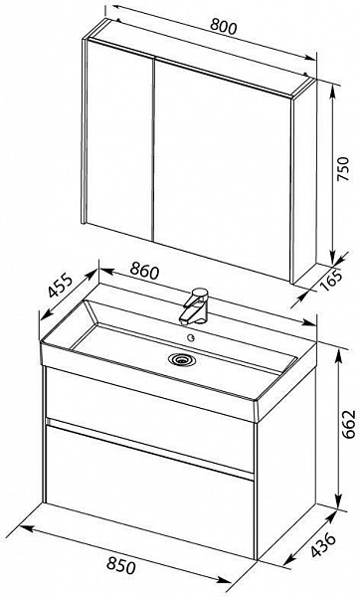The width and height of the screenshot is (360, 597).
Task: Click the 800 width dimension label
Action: (224, 27)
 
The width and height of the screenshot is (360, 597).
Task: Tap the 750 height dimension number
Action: (343, 169)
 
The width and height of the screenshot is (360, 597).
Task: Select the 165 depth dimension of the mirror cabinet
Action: (334, 281)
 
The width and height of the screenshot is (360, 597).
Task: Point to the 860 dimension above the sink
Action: (144, 271)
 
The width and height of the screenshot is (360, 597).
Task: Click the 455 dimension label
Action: (60, 286)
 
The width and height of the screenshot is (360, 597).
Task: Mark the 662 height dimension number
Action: (349, 424)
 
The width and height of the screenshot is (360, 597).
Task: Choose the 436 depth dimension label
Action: (323, 545)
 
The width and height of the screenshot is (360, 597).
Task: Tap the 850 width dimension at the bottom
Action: (121, 565)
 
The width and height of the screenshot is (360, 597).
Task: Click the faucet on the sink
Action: (194, 306)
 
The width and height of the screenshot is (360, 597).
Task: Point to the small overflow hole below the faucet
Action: (191, 337)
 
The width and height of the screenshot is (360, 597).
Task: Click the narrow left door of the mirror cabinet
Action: (120, 140)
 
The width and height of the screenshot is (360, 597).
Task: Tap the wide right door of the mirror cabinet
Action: (222, 170)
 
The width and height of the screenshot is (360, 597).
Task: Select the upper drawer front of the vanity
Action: (150, 419)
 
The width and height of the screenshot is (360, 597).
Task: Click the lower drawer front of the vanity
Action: (150, 492)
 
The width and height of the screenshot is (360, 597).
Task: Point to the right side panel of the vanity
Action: (286, 470)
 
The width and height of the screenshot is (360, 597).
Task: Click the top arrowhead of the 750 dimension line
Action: (333, 91)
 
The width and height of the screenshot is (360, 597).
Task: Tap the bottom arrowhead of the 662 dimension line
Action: (338, 502)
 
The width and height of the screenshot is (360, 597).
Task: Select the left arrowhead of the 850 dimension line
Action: (26, 528)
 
